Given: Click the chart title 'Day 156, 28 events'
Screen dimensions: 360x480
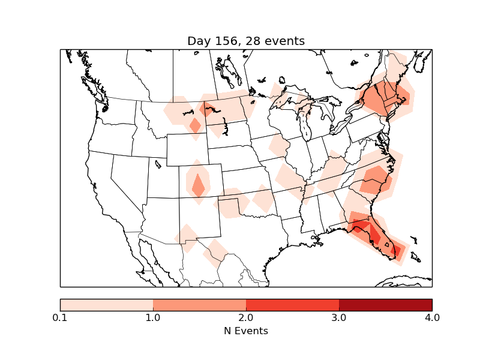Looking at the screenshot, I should point(246,41).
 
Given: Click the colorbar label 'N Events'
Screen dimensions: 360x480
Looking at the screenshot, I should point(246,331).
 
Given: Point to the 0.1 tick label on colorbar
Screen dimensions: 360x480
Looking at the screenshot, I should point(60,317).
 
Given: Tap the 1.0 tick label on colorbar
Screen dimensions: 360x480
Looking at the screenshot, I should point(153,317).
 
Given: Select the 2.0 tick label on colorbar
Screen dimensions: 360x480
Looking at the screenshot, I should point(246,317).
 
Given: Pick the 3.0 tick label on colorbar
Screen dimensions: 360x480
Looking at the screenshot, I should point(339,317).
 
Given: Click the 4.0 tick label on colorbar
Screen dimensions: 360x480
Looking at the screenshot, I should point(431,317).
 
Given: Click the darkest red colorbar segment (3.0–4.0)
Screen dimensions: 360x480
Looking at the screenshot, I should point(385,304).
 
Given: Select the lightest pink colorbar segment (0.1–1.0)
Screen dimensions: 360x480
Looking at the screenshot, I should point(107,304).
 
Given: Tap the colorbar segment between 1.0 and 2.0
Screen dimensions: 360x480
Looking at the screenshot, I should point(199,304).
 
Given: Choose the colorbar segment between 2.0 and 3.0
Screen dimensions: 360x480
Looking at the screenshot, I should point(292,304).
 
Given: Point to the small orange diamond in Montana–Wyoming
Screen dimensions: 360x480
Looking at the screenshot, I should point(195,125).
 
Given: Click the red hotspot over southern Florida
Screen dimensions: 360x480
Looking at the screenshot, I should point(396,251).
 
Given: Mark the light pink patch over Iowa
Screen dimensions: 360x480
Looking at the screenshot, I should point(278,146).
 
